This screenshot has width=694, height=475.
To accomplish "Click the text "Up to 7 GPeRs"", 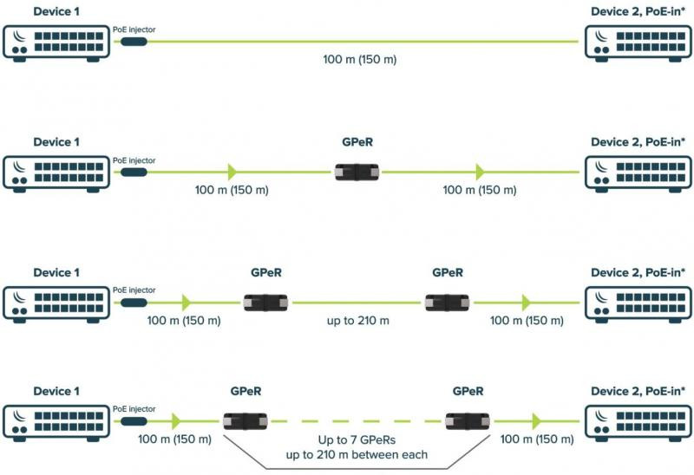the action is point(357,440).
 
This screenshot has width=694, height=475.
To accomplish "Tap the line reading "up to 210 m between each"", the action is point(357,455).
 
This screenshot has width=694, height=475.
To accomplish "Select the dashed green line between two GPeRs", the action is point(357,421).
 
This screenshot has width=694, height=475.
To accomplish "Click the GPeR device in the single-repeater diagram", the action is point(357,172).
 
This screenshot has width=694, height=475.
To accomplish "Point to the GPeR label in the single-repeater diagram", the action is point(357,142).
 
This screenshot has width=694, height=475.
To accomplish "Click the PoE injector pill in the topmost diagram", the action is point(134,42).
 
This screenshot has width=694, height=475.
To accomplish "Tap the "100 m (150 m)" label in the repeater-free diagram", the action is point(359,59).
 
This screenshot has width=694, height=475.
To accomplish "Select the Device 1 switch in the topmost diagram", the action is point(56,43).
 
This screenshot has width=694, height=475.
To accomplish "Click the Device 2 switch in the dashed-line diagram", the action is point(638,423).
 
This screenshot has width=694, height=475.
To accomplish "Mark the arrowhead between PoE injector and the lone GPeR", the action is point(232,172).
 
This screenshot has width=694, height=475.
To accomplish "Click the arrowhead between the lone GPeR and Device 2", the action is point(480,172).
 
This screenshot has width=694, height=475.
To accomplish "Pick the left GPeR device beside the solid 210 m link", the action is point(265,303).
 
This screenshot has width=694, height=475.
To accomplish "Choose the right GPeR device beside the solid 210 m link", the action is point(447,303).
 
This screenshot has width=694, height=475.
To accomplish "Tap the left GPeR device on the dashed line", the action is point(246,421).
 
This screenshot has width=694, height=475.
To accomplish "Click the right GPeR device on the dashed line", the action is point(468,421).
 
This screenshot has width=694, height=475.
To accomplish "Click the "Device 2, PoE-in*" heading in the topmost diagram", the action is point(638,11).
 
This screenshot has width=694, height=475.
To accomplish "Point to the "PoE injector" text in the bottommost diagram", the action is point(134,408).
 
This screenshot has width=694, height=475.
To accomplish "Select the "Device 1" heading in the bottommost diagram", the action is point(56,391).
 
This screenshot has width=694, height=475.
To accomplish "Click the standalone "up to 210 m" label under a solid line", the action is point(358,321).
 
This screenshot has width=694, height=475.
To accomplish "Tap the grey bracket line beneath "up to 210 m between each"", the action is point(357,468).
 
